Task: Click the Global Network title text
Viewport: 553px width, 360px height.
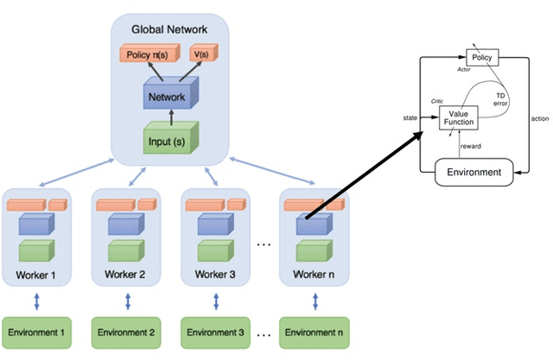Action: tap(169, 29)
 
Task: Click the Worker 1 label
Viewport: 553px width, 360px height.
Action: tap(35, 275)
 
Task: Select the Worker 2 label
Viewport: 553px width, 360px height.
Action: tap(125, 275)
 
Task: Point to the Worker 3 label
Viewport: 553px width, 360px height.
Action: tap(214, 275)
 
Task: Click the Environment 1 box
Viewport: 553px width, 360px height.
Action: tap(36, 332)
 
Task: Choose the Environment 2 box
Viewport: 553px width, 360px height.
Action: tap(126, 332)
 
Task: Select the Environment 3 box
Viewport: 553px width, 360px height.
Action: tap(215, 332)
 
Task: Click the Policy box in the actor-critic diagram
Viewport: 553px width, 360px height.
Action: tap(481, 56)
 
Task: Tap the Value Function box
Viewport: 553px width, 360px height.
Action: tap(459, 117)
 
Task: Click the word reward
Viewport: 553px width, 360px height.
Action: tap(470, 146)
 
